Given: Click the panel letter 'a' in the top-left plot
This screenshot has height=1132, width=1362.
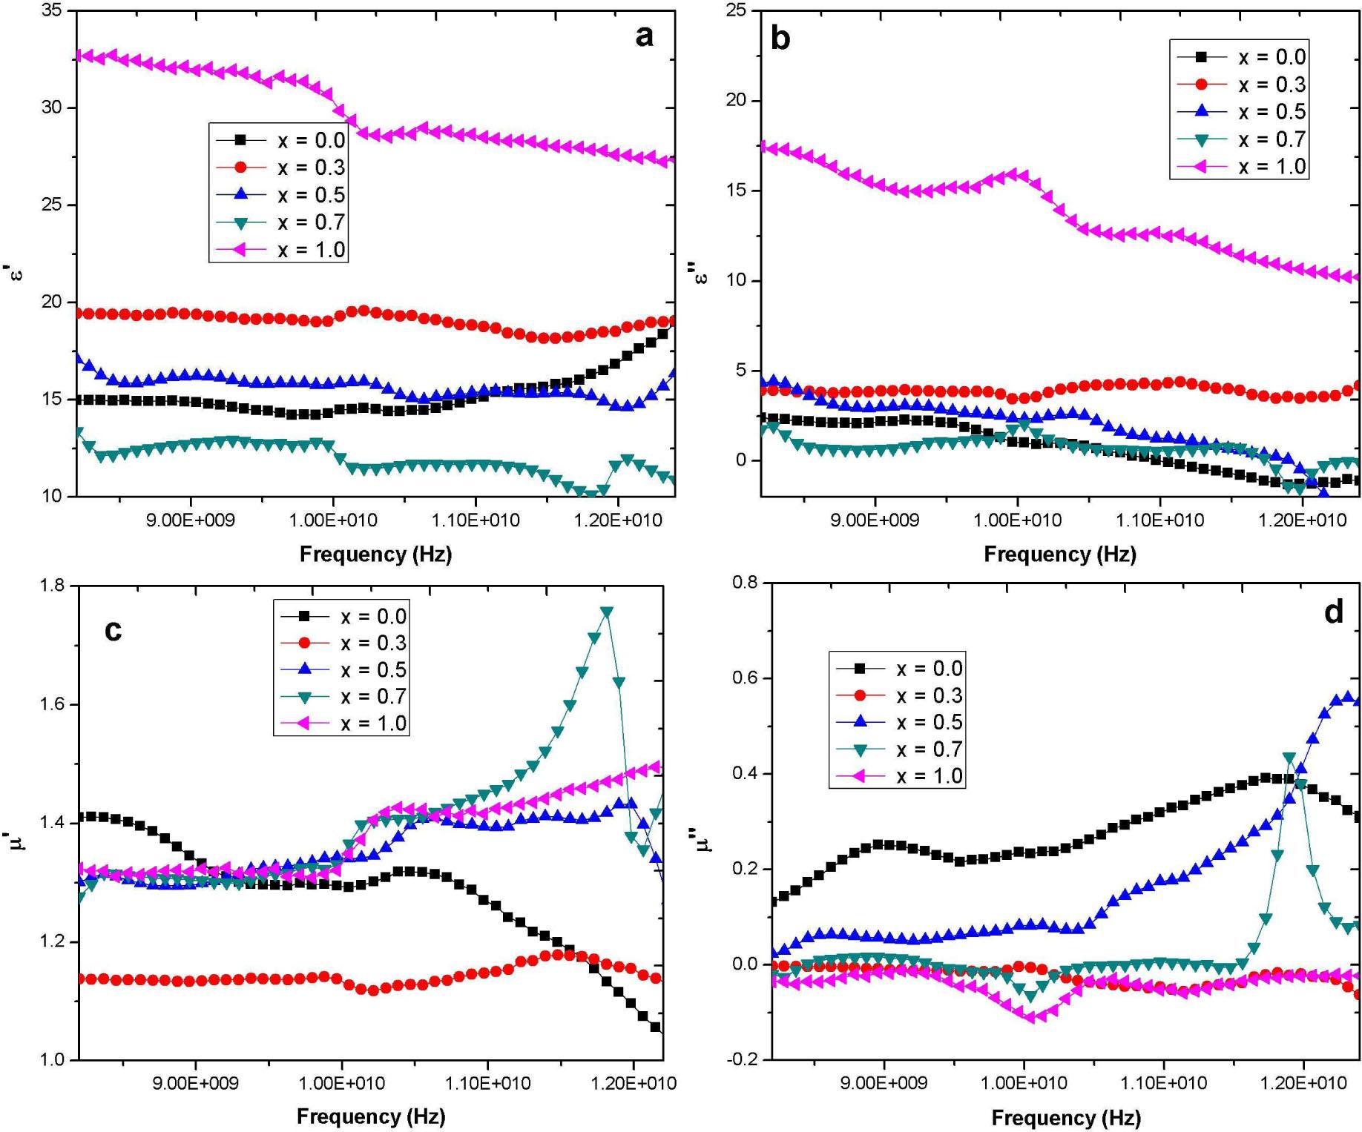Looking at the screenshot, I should pyautogui.click(x=644, y=36).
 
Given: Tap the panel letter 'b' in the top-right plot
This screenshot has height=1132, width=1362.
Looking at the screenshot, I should pyautogui.click(x=780, y=37).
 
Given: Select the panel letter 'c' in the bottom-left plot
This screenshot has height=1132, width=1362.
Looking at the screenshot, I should pyautogui.click(x=113, y=629).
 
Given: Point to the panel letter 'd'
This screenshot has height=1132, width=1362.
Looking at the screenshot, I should pyautogui.click(x=1334, y=612).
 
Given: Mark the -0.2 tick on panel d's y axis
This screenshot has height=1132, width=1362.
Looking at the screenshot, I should pyautogui.click(x=745, y=1059).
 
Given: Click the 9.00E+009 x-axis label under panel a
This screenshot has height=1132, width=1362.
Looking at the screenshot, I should pyautogui.click(x=191, y=520).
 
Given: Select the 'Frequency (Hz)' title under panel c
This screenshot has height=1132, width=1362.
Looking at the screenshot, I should pyautogui.click(x=371, y=1116).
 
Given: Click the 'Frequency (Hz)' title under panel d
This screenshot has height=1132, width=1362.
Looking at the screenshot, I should pyautogui.click(x=1066, y=1117).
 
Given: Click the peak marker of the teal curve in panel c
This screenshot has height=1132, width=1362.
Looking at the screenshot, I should pyautogui.click(x=607, y=612).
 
